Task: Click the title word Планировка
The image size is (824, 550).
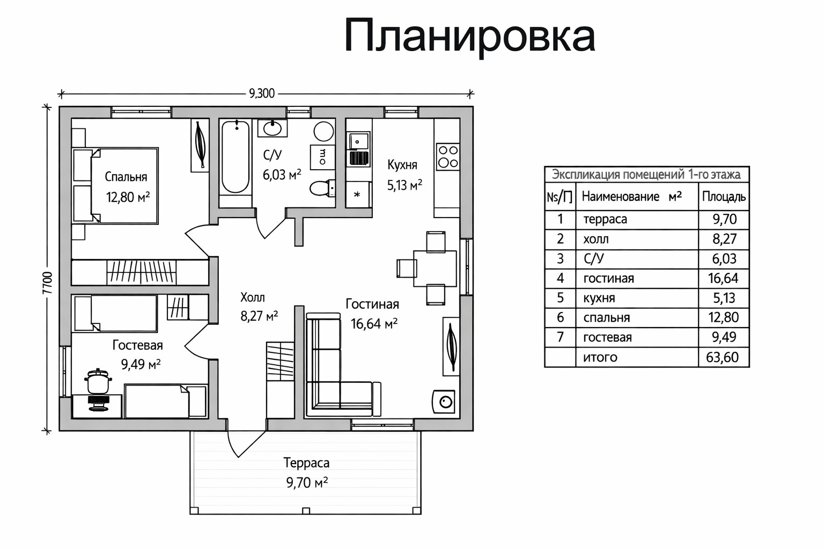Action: click(469, 36)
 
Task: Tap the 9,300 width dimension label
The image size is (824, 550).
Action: click(262, 93)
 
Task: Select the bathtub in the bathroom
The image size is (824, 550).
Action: click(236, 157)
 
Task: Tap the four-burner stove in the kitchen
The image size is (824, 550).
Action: click(447, 156)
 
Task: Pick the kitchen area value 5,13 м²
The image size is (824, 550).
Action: click(404, 185)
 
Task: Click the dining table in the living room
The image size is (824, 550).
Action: click(435, 268)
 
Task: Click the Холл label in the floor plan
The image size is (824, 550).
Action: click(252, 297)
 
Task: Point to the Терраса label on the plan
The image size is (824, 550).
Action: click(306, 462)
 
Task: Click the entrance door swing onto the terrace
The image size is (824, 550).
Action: click(244, 443)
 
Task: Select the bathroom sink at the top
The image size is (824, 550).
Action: click(273, 128)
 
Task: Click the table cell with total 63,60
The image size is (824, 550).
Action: click(723, 357)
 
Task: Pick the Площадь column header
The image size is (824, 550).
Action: click(723, 197)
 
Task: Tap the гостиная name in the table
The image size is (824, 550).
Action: click(608, 278)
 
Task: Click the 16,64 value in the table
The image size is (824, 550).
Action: click(723, 278)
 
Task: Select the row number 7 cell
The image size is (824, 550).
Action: click(560, 337)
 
